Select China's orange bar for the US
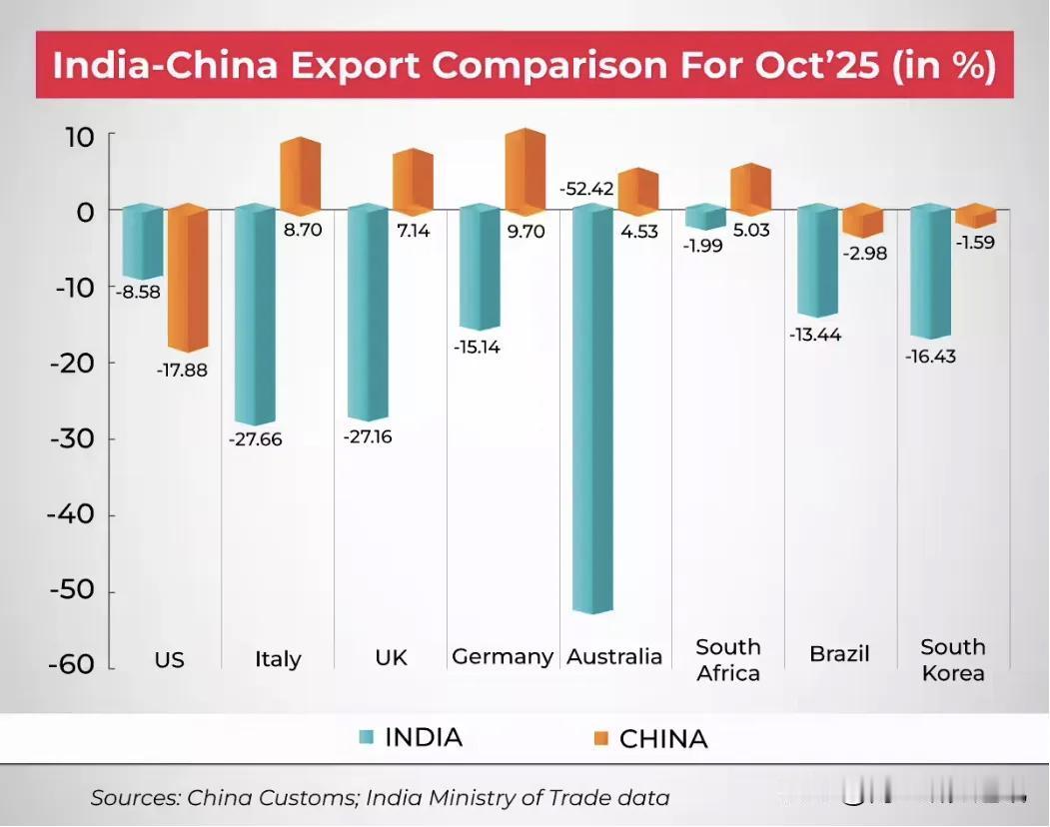(187, 280)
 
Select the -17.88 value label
(182, 370)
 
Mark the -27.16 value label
(367, 437)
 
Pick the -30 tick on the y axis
(71, 438)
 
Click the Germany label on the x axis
(502, 656)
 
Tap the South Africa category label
(728, 659)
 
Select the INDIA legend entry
(423, 738)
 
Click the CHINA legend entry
(663, 739)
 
